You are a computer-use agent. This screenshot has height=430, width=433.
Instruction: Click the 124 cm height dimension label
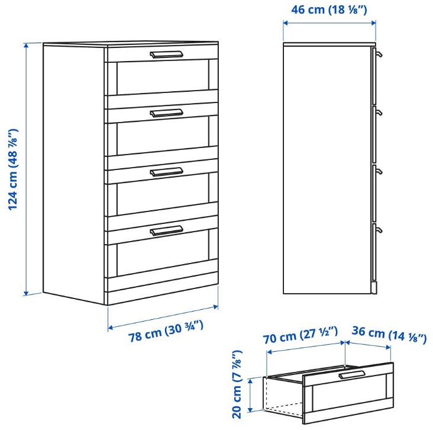(13, 169)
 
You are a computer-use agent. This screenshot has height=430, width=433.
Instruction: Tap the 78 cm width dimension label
(166, 331)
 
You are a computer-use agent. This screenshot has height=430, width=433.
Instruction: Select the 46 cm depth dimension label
(329, 9)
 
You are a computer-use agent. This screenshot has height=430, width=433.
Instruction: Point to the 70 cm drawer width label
(300, 335)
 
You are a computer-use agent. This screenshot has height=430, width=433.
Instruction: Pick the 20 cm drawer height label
(237, 384)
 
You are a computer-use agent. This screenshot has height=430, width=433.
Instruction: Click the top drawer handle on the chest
(167, 54)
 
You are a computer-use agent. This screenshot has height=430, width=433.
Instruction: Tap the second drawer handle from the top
(167, 113)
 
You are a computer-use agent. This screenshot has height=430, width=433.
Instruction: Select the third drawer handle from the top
(167, 172)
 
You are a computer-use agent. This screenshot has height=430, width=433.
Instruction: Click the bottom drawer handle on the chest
(167, 230)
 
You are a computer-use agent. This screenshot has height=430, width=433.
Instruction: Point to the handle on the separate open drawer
(352, 374)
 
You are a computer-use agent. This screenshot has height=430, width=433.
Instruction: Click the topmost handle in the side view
(379, 54)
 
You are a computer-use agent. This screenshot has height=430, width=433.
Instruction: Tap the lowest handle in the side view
(379, 230)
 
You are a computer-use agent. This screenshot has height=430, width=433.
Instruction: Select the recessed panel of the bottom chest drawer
(163, 253)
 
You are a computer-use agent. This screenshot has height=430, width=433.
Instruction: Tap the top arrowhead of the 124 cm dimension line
(26, 46)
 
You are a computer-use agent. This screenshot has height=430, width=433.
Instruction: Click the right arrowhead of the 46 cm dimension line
(373, 23)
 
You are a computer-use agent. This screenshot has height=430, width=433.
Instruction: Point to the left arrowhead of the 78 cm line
(111, 328)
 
